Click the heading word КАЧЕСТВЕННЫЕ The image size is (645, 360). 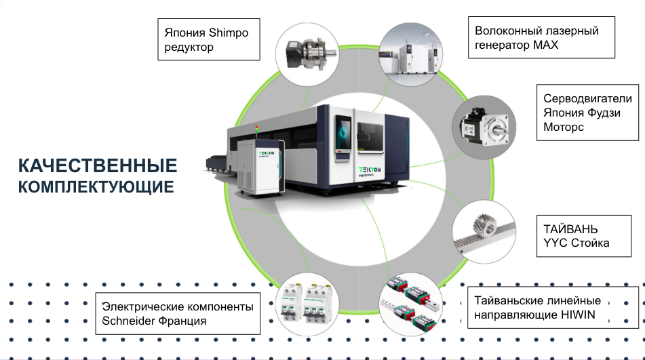tap(98, 166)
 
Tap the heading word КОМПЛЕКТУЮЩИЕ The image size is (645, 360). tap(96, 186)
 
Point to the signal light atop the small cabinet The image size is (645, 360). tap(256, 129)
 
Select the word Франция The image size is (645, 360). tap(184, 321)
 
